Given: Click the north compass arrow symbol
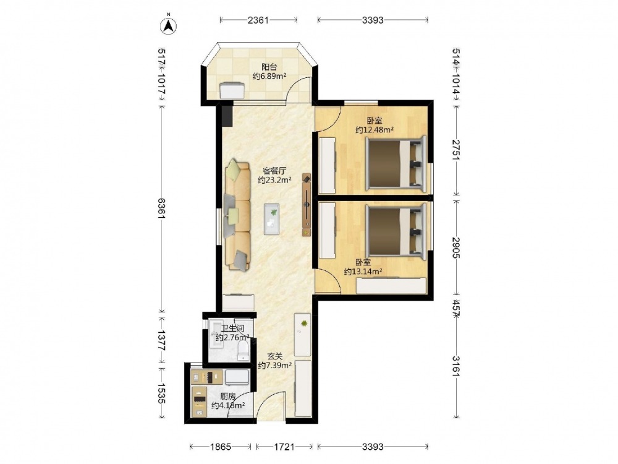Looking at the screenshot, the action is [x=168, y=25].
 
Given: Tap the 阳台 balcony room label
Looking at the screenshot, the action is [x=269, y=67].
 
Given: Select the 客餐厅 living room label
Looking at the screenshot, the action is [x=275, y=171].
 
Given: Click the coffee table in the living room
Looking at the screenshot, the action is [x=271, y=220].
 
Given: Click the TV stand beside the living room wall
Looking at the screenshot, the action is [x=307, y=205].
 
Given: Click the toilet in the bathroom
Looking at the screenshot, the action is [x=243, y=350].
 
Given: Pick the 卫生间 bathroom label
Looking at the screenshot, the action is [x=232, y=329].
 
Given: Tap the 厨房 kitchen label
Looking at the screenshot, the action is [x=228, y=396].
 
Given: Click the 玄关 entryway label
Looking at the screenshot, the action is [x=275, y=356].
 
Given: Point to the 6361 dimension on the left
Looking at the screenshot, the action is [x=161, y=208].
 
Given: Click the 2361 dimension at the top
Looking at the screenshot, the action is [x=258, y=20].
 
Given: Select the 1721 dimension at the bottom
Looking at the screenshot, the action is [x=284, y=447].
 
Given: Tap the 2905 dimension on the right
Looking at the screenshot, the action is [x=456, y=247].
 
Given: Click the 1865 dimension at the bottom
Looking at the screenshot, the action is [x=221, y=447].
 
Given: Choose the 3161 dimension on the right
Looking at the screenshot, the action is [x=456, y=366].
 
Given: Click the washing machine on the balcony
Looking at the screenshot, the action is [x=232, y=90].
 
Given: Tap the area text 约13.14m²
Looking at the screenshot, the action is [x=363, y=271].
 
